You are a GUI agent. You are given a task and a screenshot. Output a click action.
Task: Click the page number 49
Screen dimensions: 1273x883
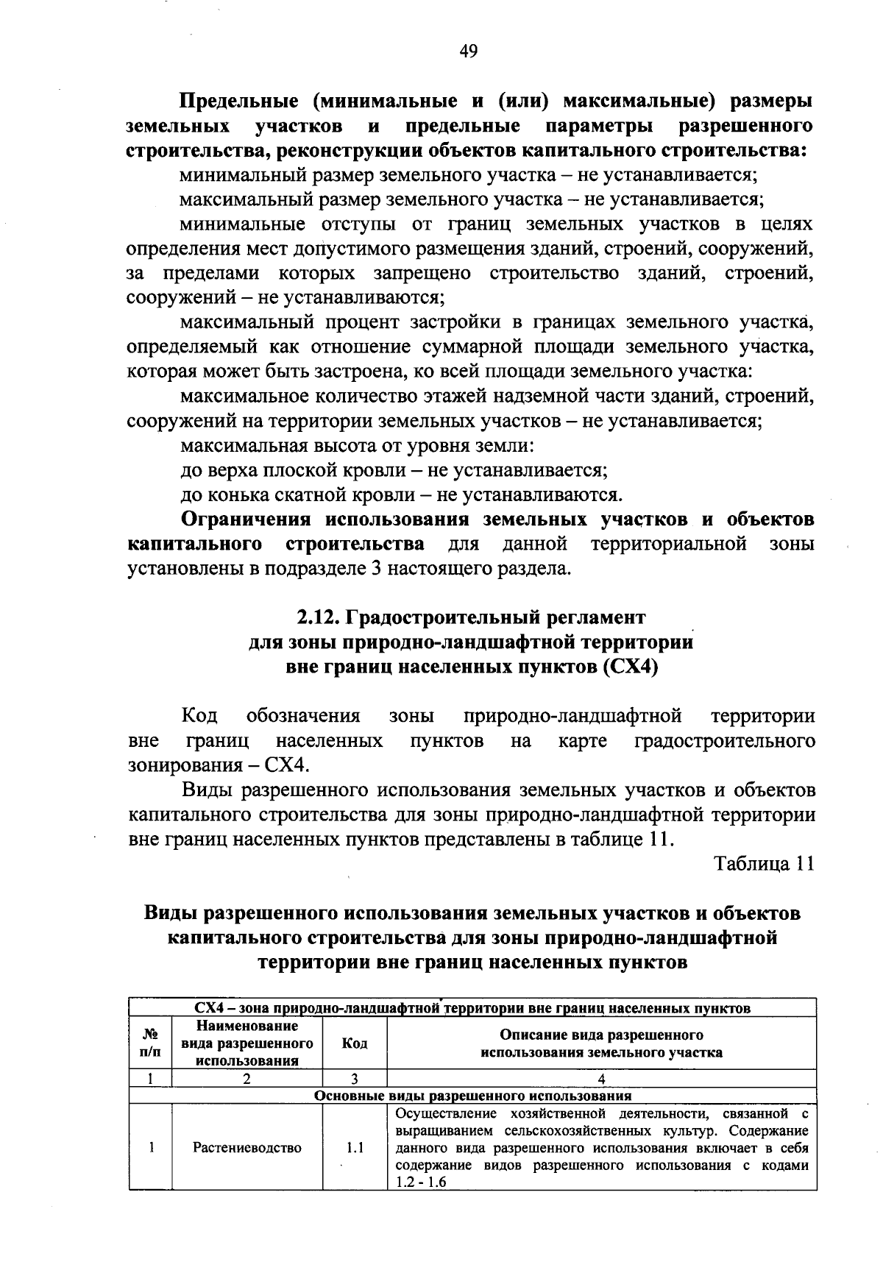point(468,51)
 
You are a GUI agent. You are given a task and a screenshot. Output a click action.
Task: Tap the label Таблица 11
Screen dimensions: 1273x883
point(765,864)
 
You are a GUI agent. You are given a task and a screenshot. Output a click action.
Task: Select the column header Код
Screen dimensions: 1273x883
point(355,1043)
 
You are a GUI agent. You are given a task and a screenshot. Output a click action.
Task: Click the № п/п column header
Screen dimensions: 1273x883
point(149,1043)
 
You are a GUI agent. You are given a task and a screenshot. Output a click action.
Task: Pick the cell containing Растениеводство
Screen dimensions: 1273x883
point(247,1148)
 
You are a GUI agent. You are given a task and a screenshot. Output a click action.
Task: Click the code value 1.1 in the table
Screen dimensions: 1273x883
point(355,1148)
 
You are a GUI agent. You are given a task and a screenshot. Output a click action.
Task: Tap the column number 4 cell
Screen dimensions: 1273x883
point(601,1079)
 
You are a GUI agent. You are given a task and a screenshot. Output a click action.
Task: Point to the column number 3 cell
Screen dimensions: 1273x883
point(355,1079)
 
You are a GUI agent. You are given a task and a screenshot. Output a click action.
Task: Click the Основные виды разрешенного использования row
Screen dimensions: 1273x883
point(472,1096)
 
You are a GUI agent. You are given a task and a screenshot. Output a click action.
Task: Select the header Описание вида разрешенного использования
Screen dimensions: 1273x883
point(601,1043)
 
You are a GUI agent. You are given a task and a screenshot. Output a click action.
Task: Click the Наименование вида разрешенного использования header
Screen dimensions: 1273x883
point(247,1043)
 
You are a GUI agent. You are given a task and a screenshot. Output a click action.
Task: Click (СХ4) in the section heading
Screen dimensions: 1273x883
point(630,667)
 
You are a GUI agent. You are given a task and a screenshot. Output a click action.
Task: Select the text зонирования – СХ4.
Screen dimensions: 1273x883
point(217,765)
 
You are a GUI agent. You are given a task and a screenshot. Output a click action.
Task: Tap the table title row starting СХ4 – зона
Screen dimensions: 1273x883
point(472,1007)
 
